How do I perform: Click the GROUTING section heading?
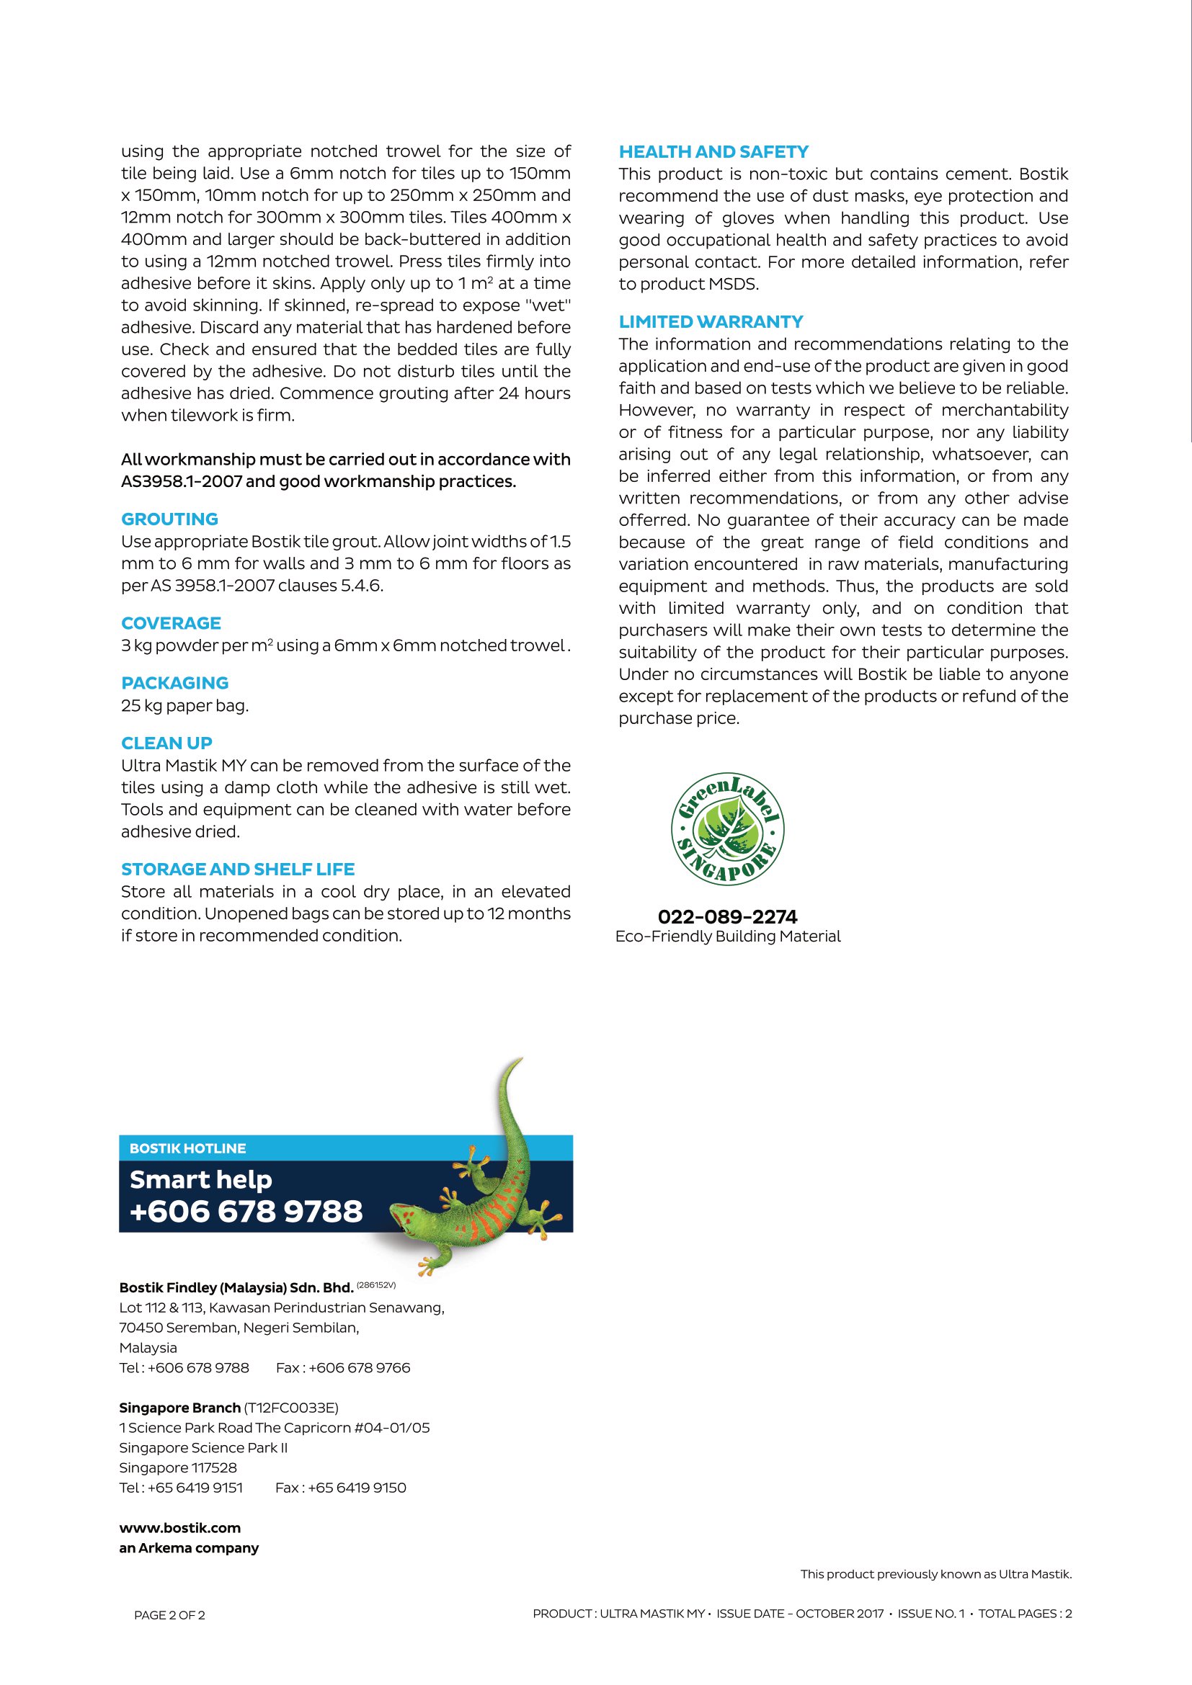point(169,519)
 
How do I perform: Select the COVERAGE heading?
point(171,623)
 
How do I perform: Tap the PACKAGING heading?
point(174,682)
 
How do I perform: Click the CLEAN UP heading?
point(166,743)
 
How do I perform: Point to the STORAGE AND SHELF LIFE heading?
point(238,869)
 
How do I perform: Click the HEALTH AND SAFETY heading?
point(713,152)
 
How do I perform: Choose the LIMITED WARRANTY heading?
point(711,321)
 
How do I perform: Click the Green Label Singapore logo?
point(727,829)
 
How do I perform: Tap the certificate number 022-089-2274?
point(726,916)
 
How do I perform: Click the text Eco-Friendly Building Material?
point(727,937)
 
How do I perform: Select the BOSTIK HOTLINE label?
point(188,1148)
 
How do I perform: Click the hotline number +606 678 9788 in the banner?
point(246,1212)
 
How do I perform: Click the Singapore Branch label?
point(180,1408)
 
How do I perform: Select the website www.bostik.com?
point(180,1528)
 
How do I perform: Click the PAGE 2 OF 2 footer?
point(169,1614)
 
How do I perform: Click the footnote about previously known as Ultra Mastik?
point(936,1574)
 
